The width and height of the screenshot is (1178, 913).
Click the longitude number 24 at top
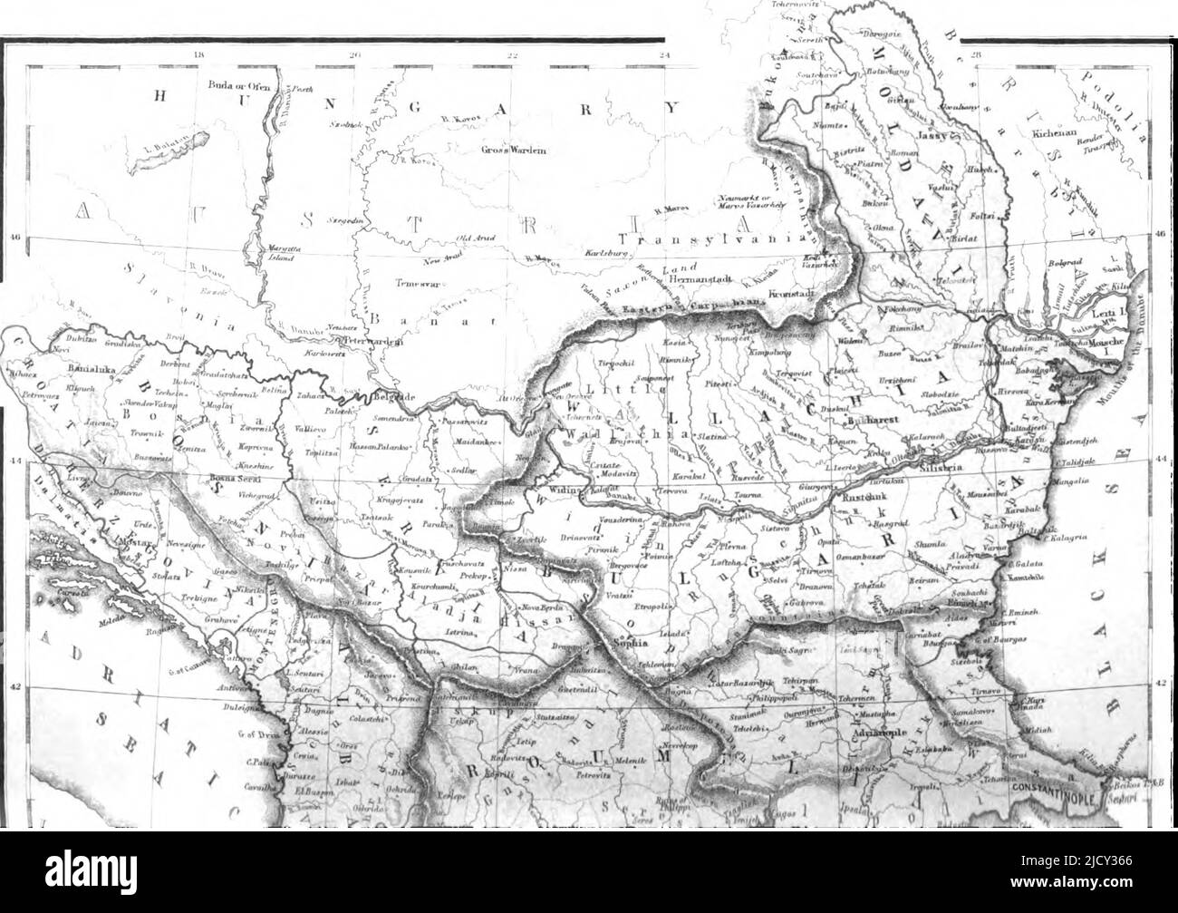665,56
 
